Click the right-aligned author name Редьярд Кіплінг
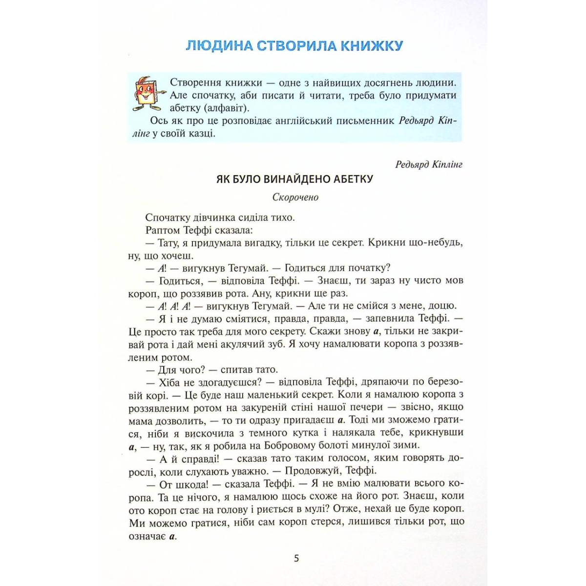pos(429,164)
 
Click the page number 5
pos(296,558)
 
